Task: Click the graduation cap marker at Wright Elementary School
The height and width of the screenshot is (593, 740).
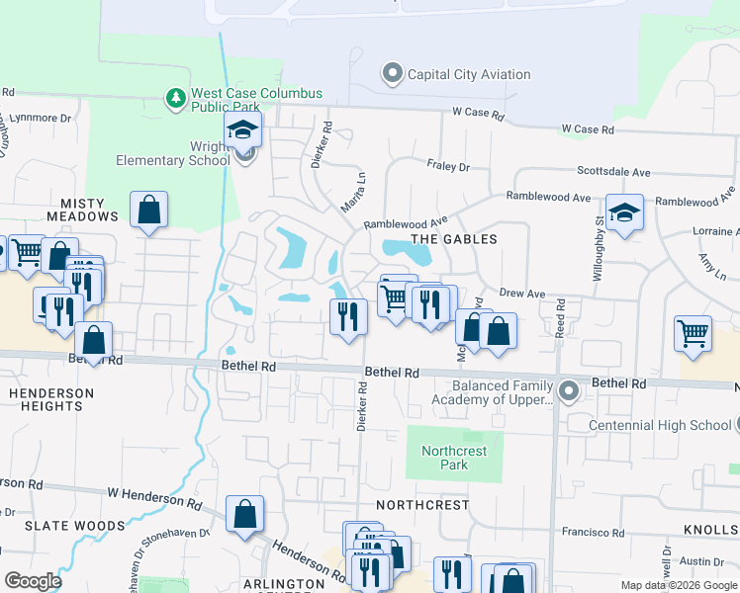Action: click(x=241, y=129)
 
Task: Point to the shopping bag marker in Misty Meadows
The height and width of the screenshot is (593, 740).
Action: click(x=148, y=210)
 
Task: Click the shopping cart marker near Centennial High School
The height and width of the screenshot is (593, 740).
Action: click(x=694, y=332)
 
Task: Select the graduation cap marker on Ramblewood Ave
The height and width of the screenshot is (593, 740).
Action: click(x=624, y=212)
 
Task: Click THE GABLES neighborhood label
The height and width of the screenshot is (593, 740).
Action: click(x=453, y=239)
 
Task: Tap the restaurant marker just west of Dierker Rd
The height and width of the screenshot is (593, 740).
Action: click(x=347, y=316)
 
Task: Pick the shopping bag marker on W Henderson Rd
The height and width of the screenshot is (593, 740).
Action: click(x=244, y=514)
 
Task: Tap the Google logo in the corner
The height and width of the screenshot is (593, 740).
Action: click(x=33, y=581)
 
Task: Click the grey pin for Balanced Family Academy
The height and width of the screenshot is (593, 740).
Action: click(x=568, y=391)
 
